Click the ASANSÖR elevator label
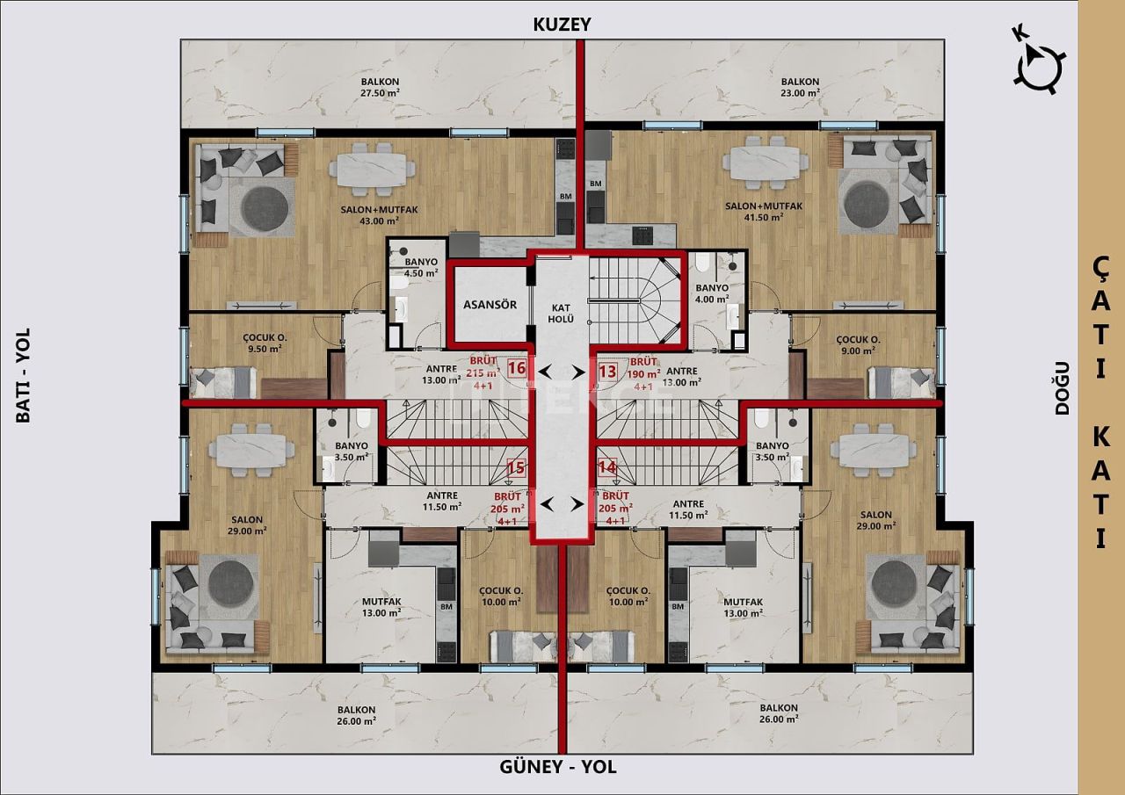click(x=490, y=305)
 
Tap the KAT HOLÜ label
click(x=562, y=312)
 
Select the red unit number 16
click(x=517, y=369)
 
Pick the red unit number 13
click(x=607, y=372)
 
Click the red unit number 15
click(x=517, y=468)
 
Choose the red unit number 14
click(x=607, y=468)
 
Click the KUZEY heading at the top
click(x=562, y=25)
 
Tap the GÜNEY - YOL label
click(x=558, y=767)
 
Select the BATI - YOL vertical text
click(x=23, y=375)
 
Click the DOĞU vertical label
click(x=1062, y=387)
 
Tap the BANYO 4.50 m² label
click(x=421, y=268)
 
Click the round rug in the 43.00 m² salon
click(x=265, y=206)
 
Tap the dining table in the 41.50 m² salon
click(x=766, y=164)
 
